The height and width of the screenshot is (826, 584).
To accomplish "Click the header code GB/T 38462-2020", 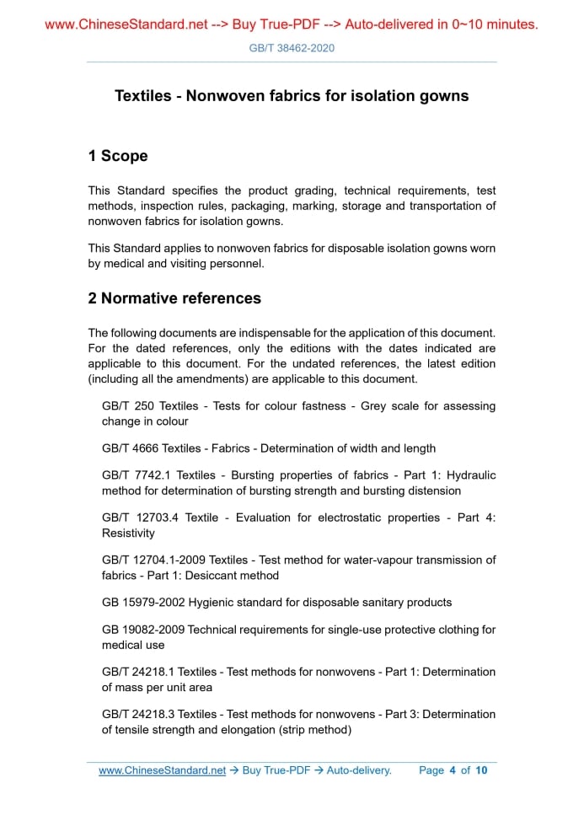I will pyautogui.click(x=292, y=48).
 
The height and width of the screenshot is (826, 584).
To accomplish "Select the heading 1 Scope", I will pyautogui.click(x=118, y=156).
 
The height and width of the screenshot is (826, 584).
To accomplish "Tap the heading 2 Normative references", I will pyautogui.click(x=174, y=298).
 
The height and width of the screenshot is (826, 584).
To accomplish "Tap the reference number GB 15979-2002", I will pyautogui.click(x=144, y=603).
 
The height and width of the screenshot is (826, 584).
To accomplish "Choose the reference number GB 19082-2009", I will pyautogui.click(x=144, y=630).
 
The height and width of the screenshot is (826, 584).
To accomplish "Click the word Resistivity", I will pyautogui.click(x=128, y=534).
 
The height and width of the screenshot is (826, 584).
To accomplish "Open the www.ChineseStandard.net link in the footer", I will pyautogui.click(x=162, y=770).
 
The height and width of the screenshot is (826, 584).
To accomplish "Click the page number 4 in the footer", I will pyautogui.click(x=453, y=770).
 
